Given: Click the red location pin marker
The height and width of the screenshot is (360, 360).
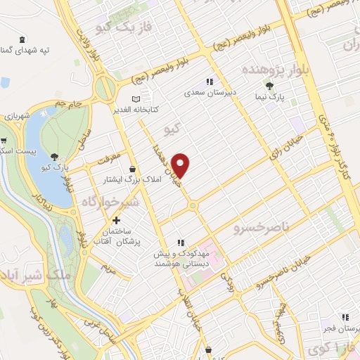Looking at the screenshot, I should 182,165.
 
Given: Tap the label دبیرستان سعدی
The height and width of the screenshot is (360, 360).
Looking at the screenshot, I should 208,91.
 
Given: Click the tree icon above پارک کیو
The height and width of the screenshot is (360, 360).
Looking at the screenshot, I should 55,156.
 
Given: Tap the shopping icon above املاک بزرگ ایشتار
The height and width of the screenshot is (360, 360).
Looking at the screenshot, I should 133,169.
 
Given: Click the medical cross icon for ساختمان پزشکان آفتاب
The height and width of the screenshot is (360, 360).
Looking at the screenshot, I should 127,221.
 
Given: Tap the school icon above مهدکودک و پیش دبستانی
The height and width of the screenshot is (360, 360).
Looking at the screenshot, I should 181,243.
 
